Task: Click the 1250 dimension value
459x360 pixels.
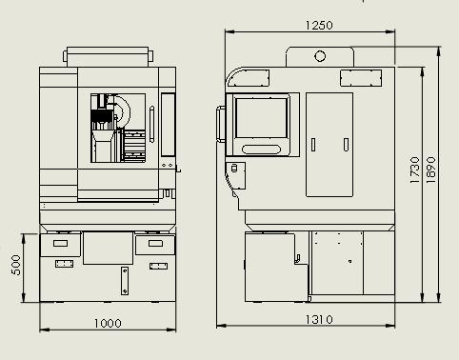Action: point(319,25)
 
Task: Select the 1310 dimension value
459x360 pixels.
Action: point(319,319)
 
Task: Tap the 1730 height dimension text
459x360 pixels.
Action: point(415,170)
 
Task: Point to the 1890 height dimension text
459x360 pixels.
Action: point(430,170)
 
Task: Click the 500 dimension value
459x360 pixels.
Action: point(16,265)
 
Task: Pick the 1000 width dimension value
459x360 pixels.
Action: point(108,323)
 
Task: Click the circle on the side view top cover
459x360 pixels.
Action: point(320,56)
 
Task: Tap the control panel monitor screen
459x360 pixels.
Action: point(261,118)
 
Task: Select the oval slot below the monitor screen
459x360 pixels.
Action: point(261,150)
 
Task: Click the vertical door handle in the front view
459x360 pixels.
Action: point(151,124)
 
